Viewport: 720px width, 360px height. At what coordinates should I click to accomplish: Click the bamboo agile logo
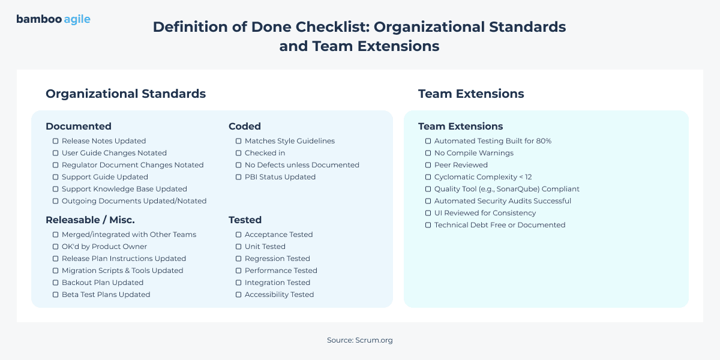[53, 19]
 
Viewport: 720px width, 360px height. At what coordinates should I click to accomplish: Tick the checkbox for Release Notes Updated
[56, 141]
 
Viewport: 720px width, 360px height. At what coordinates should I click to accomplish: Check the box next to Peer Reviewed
[428, 165]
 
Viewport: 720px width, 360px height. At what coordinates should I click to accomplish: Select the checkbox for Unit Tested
[239, 247]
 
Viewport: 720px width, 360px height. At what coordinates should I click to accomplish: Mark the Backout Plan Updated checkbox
[56, 283]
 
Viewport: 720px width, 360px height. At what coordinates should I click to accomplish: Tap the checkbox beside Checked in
[239, 153]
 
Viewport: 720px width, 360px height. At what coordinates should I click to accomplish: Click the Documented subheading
[79, 126]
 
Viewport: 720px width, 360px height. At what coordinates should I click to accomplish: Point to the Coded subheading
[245, 126]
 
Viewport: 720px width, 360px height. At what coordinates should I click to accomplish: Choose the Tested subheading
[245, 220]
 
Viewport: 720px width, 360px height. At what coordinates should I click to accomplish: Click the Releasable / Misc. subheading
[90, 220]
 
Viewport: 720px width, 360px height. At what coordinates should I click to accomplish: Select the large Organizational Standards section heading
[125, 94]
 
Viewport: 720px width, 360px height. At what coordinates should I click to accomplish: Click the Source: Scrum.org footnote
[359, 340]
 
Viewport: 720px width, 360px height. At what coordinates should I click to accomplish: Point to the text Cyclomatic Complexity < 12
[483, 177]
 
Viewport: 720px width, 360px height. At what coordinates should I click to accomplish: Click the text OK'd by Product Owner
[104, 247]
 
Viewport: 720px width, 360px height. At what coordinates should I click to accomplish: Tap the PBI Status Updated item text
[280, 177]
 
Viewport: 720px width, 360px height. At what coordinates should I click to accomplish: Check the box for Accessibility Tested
[239, 295]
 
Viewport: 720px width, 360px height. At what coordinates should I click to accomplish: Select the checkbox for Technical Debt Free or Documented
[428, 225]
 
